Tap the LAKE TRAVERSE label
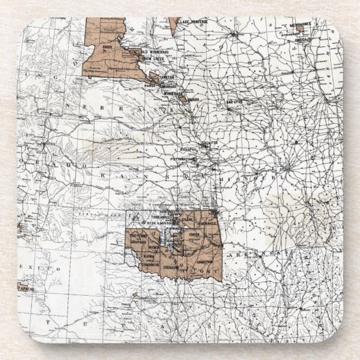point(193,21)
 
